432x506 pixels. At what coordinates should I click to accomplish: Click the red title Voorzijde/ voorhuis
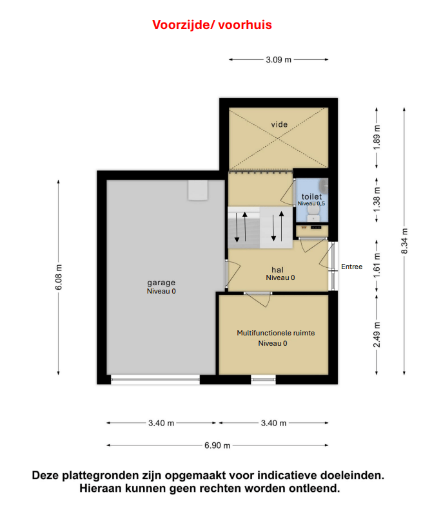212,25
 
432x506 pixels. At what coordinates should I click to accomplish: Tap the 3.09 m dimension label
279,60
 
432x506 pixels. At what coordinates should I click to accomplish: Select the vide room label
279,124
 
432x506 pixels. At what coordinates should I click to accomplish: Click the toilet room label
311,196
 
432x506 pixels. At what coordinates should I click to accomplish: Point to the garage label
161,283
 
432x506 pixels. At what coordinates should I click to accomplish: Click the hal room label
277,270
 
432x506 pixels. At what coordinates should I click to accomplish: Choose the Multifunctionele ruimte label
275,333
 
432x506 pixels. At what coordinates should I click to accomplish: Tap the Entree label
351,267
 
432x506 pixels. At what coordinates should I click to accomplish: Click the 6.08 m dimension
59,277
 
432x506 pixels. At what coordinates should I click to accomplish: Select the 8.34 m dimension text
404,241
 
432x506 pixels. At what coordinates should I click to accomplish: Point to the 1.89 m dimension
377,137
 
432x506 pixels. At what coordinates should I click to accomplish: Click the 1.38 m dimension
377,200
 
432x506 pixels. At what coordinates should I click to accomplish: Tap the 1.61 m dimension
377,266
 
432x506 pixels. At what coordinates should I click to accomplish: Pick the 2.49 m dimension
377,335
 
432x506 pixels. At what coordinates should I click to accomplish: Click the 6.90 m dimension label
217,445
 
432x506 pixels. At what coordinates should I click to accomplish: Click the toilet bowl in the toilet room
313,212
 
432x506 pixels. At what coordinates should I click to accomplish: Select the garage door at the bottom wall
155,380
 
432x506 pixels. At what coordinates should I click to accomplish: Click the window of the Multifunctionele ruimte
263,380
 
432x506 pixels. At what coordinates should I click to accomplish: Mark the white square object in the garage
198,191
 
